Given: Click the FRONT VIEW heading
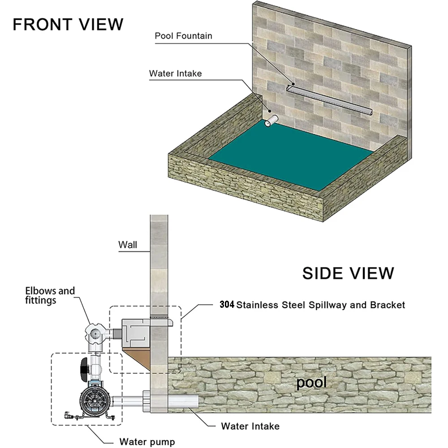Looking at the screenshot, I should tap(68, 24).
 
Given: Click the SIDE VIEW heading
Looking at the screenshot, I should tap(348, 273).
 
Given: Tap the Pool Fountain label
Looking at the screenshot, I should tap(183, 36).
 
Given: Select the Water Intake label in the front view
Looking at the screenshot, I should tap(175, 73).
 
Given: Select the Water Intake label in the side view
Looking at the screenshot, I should tap(250, 426).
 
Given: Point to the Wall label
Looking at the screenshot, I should tap(128, 245).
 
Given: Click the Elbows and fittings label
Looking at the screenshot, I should tap(50, 295).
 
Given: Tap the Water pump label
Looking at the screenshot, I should tap(147, 442).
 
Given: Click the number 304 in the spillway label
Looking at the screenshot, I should tap(227, 305).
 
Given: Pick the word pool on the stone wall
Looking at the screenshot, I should tap(311, 383).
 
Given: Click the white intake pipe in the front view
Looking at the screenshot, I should tap(271, 121).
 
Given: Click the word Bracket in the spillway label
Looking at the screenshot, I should tap(388, 305).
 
